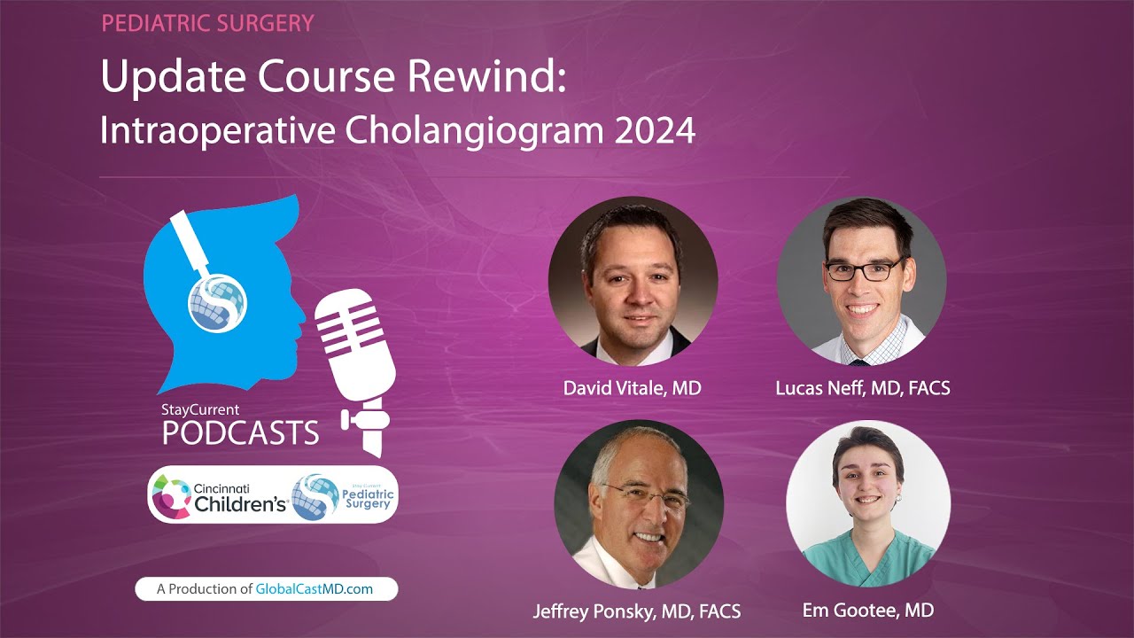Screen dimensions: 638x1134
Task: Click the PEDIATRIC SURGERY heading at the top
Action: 207,23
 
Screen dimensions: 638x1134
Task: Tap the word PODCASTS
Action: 240,433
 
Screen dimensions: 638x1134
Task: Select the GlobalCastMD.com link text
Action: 315,589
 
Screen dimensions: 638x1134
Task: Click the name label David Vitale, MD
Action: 632,388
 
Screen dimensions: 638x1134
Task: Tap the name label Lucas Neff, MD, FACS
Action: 862,388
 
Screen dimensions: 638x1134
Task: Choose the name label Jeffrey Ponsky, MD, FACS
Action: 636,611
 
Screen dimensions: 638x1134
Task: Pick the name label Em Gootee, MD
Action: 867,610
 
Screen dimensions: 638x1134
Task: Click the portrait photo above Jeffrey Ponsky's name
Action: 638,504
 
